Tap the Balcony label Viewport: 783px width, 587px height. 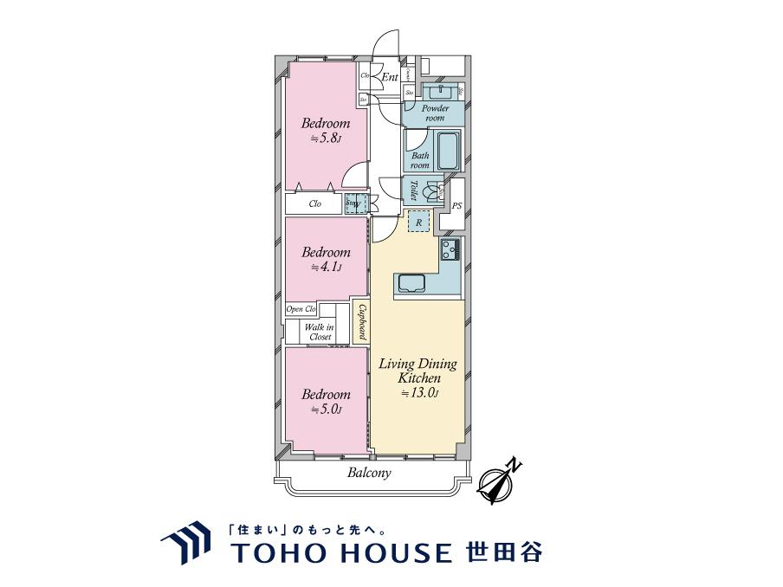369,473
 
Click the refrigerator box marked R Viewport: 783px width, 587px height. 418,223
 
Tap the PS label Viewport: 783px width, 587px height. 456,205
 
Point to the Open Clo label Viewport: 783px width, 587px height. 301,309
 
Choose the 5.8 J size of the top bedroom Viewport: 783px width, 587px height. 325,139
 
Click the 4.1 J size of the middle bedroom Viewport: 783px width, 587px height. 325,268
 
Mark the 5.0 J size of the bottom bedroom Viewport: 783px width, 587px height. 325,410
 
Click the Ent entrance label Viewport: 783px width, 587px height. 390,78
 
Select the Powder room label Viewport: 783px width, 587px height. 435,113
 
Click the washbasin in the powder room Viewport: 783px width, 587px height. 441,90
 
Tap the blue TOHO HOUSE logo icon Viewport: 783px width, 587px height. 185,544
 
